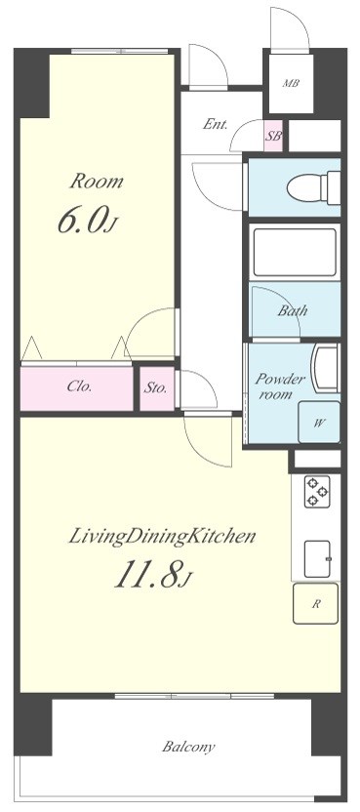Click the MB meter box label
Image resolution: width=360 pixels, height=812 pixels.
(x=291, y=83)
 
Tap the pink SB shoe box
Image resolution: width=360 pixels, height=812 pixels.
(x=273, y=136)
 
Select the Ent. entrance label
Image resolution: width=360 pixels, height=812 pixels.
(x=215, y=124)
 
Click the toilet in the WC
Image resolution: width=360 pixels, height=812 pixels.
(x=313, y=187)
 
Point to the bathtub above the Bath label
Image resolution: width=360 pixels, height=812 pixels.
(x=294, y=253)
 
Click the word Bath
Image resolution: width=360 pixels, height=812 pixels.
(x=292, y=310)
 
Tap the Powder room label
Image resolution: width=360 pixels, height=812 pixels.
(x=280, y=386)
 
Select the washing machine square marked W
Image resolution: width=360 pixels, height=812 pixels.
(x=319, y=422)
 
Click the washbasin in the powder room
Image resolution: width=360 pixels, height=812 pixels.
(x=325, y=369)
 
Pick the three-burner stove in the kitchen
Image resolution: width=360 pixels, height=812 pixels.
(x=317, y=492)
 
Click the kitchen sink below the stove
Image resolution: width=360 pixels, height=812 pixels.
(x=317, y=559)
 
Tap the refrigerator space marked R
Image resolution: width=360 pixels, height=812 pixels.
(x=315, y=603)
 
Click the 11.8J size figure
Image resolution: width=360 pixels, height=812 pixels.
(x=153, y=575)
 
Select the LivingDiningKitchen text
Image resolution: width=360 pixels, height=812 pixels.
(x=162, y=536)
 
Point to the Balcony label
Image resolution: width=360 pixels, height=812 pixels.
(x=188, y=748)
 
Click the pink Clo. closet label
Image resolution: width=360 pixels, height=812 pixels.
(x=79, y=386)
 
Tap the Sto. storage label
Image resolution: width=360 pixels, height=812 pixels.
(x=155, y=387)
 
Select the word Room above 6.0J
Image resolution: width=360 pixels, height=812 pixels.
(x=97, y=182)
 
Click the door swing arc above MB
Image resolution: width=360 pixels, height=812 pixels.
(x=299, y=20)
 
